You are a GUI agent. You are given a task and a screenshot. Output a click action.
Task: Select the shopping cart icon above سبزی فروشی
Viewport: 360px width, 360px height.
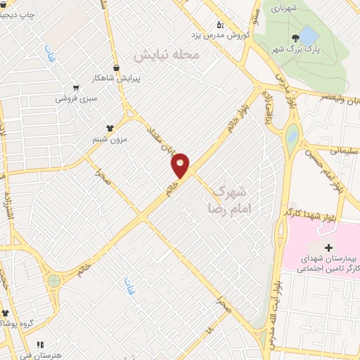point(76,89)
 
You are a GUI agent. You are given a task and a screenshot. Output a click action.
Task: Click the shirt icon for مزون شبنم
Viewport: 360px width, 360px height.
point(110,128)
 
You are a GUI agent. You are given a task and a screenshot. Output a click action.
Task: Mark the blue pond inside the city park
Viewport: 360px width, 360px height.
point(310,34)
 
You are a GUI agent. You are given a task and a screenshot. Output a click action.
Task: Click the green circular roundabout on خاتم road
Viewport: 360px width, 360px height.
point(54,281)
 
